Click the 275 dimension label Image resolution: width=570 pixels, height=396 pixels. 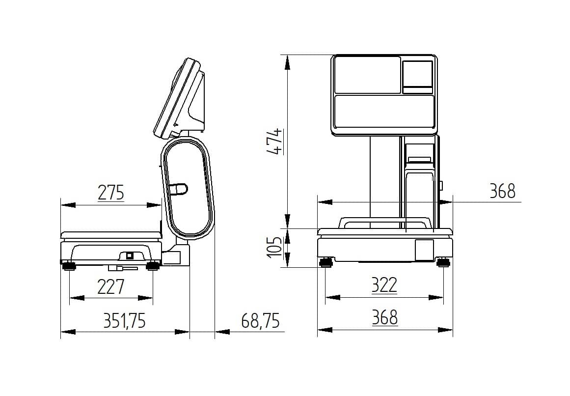pos(111,193)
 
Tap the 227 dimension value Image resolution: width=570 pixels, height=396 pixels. pos(111,286)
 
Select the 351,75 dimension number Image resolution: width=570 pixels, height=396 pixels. pos(124,321)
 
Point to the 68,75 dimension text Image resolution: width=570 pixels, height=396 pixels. pos(260,321)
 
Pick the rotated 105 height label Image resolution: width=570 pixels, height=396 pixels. pos(275,247)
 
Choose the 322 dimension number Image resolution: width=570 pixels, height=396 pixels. pos(384,285)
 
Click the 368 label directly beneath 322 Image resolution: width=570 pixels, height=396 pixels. pos(385,317)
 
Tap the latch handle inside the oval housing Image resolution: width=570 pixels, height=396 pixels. pos(178,189)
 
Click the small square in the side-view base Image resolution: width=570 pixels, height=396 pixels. pos(130,255)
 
